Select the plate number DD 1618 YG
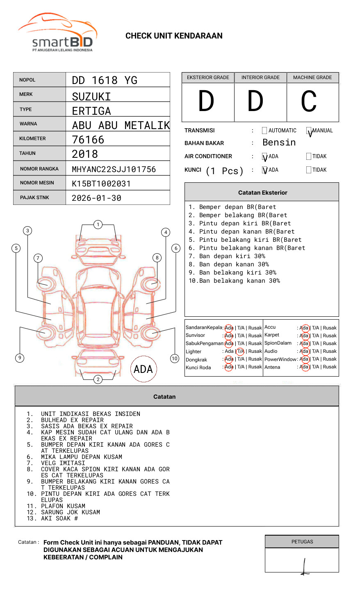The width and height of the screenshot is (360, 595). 105,80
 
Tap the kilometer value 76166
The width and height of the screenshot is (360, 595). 88,140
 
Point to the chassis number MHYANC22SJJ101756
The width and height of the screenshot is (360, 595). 114,169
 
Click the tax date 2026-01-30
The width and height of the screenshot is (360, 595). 96,198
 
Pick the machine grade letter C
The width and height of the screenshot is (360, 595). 309,102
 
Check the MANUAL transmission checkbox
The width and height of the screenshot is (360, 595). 309,131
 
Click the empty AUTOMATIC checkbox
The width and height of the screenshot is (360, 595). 264,131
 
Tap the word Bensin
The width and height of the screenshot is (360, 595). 279,143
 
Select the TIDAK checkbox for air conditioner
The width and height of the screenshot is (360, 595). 309,157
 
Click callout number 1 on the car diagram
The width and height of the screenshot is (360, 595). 98,225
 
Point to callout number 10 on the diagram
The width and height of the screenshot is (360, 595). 175,359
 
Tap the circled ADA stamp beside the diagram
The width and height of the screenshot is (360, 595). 143,369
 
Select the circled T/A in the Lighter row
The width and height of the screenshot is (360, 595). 240,351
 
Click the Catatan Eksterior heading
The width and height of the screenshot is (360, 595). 262,193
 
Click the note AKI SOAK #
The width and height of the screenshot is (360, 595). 59,518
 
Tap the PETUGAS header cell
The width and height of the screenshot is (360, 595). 302,542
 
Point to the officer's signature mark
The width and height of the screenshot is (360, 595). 304,567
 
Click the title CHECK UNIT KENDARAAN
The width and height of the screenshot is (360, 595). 174,36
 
